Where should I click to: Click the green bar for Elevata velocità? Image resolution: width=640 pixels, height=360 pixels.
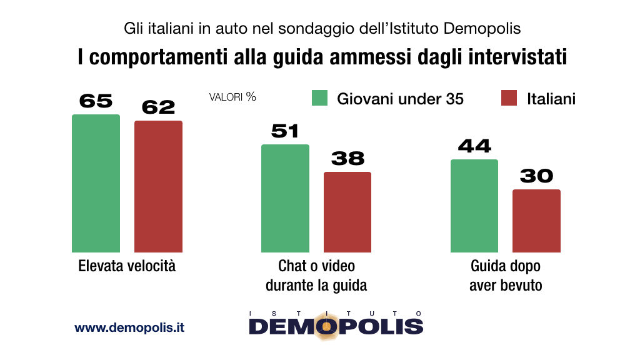click(96, 183)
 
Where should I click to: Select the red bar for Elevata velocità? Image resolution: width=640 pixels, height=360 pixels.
click(158, 186)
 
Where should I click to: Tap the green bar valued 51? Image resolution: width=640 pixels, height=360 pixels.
click(285, 198)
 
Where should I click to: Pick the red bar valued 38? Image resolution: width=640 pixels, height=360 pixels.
click(347, 212)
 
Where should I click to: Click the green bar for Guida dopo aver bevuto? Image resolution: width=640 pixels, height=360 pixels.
click(474, 206)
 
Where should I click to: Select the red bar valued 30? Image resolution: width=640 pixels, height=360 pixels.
click(537, 221)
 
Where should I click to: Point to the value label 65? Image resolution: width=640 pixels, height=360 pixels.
click(96, 101)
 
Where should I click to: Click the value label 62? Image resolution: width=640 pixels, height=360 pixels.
click(158, 107)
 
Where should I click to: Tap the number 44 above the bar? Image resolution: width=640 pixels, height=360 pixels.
click(474, 146)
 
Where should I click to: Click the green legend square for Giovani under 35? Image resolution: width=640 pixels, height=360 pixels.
click(319, 98)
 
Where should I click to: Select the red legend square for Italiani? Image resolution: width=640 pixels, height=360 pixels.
click(509, 98)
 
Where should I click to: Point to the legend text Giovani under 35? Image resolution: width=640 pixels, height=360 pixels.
click(401, 99)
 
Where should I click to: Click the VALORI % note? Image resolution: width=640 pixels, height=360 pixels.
click(232, 97)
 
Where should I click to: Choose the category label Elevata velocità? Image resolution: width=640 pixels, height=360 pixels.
click(127, 266)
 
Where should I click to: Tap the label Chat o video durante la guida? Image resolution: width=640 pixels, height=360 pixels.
click(316, 276)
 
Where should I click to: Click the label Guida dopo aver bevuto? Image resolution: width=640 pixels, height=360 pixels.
click(506, 276)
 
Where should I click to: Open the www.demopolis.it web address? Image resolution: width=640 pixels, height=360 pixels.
click(129, 327)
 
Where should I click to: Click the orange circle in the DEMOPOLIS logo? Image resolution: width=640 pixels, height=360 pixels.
click(326, 326)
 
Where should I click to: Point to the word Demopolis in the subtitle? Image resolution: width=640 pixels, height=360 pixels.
click(482, 29)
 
